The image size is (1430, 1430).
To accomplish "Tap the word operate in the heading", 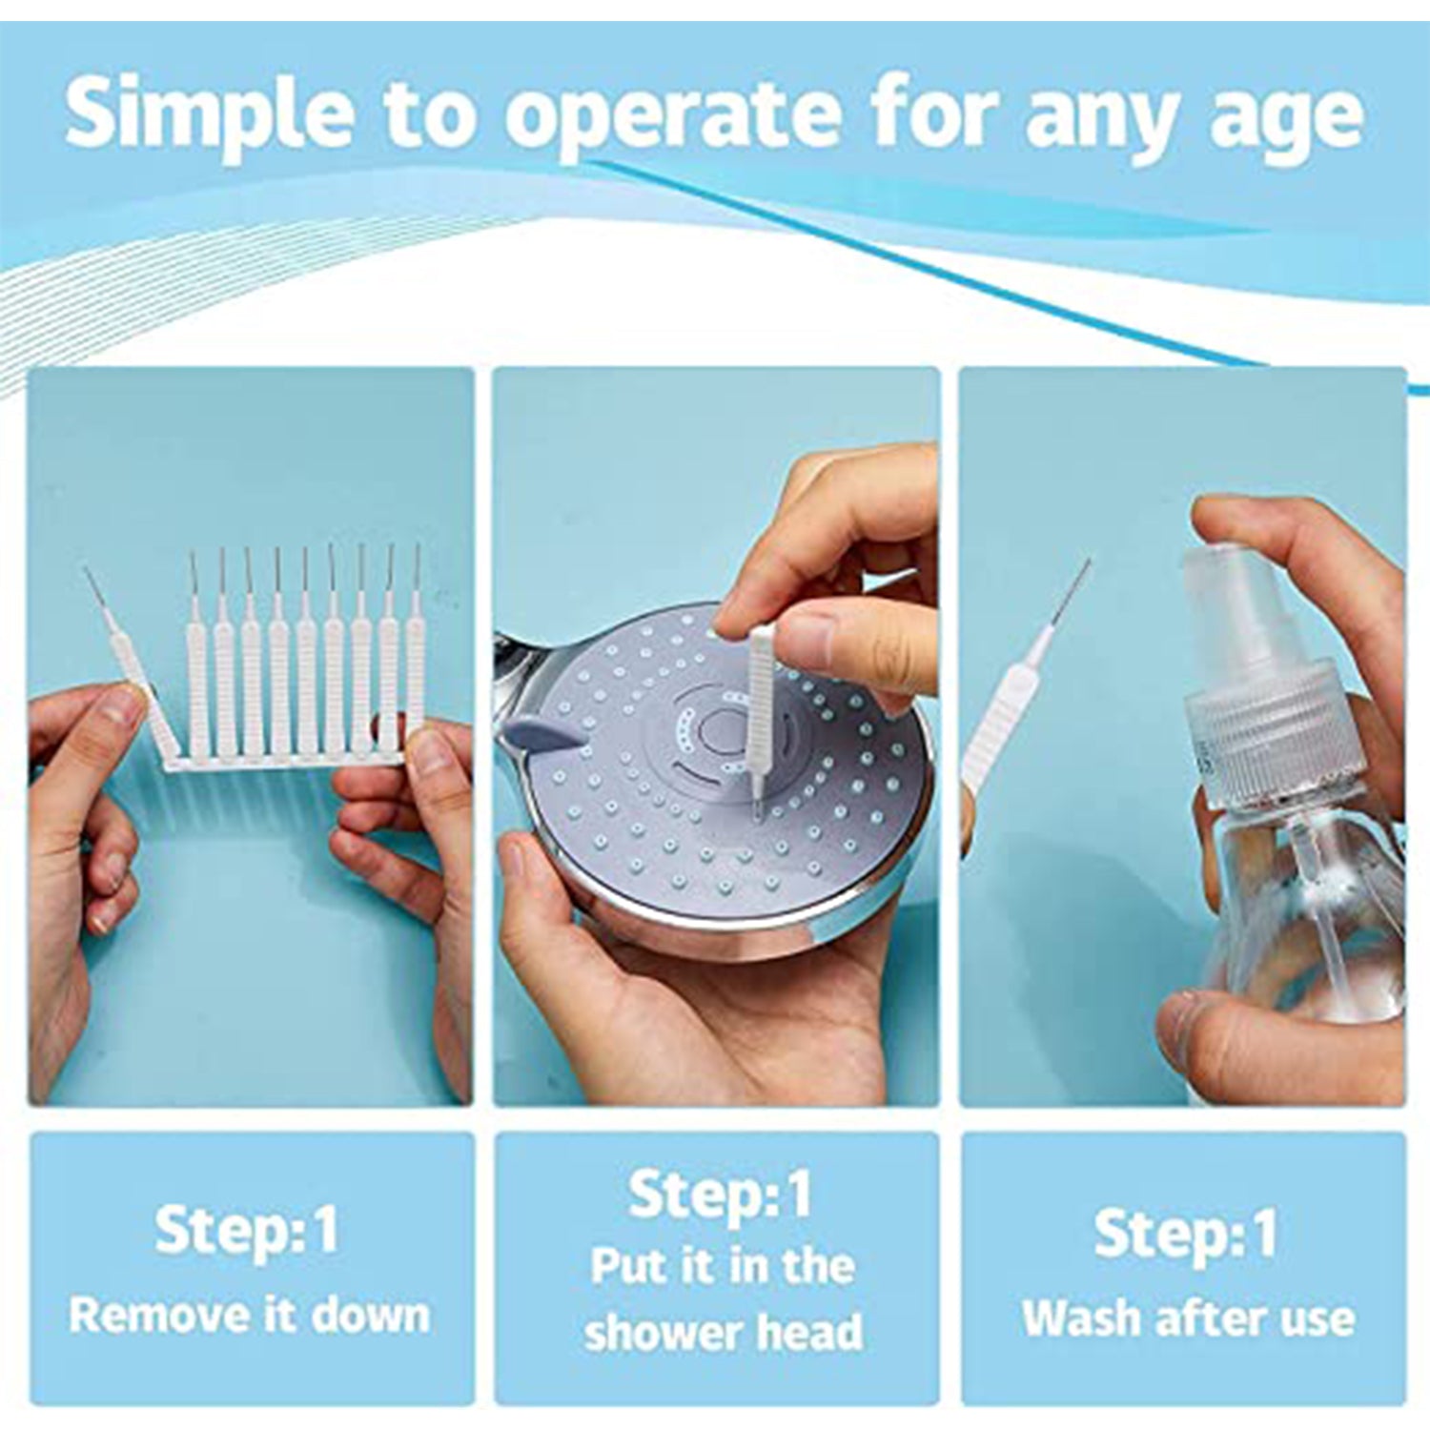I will (672, 116).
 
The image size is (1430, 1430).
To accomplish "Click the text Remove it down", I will (250, 1316).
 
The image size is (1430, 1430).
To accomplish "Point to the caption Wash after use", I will (1188, 1318).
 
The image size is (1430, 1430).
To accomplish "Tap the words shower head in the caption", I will (724, 1332).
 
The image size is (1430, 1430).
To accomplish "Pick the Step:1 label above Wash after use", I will (1185, 1233).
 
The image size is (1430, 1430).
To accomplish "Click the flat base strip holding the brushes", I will (286, 761).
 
